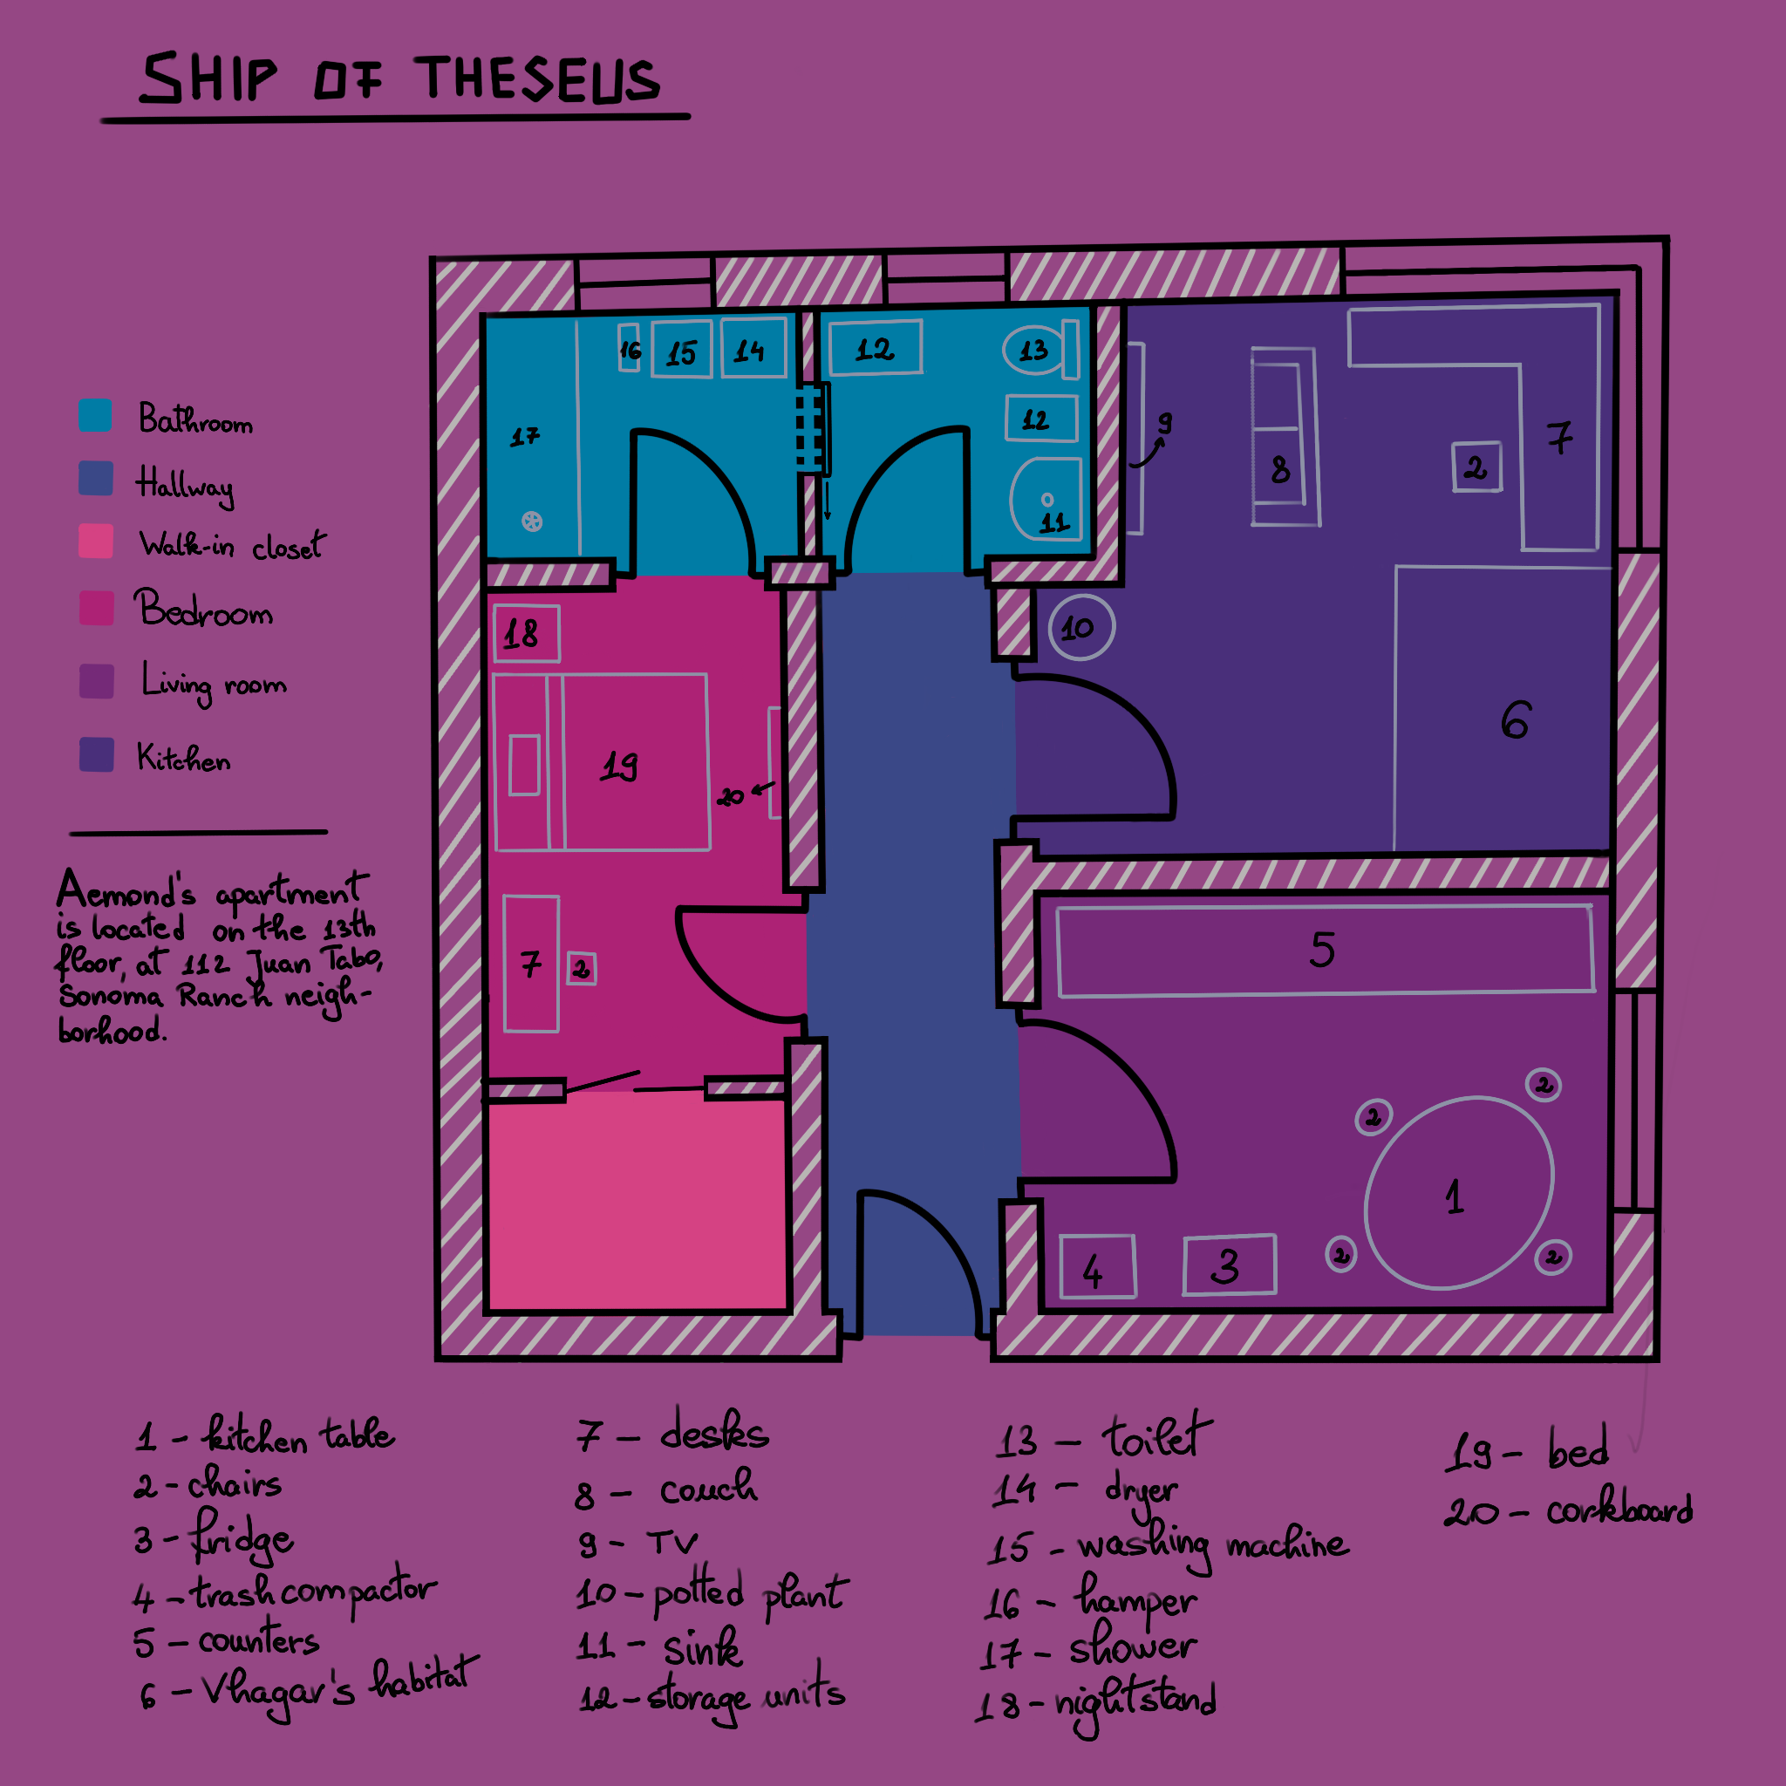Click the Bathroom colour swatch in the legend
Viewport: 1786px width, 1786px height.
[95, 416]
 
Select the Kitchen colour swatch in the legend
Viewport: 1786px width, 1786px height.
[96, 754]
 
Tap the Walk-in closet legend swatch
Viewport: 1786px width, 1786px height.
[96, 541]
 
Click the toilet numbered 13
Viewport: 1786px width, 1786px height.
[1034, 351]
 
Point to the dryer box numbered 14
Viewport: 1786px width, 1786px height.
[753, 348]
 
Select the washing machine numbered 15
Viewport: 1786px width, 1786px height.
[681, 350]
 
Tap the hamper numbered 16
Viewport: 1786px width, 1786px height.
[630, 348]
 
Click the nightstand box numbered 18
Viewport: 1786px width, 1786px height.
[526, 634]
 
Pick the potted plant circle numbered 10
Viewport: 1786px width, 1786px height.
[1081, 628]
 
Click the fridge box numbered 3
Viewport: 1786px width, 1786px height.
[1230, 1265]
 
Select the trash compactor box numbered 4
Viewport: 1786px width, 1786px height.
[1097, 1267]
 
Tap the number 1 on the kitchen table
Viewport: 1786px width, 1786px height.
[1454, 1197]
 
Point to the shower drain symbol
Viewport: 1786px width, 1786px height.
[532, 521]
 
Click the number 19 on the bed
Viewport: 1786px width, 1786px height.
[618, 765]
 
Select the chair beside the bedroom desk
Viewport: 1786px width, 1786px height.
[581, 969]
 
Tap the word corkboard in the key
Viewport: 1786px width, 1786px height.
[1619, 1510]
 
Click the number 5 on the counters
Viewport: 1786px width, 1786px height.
[1322, 950]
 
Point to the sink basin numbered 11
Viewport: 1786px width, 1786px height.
[1046, 499]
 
